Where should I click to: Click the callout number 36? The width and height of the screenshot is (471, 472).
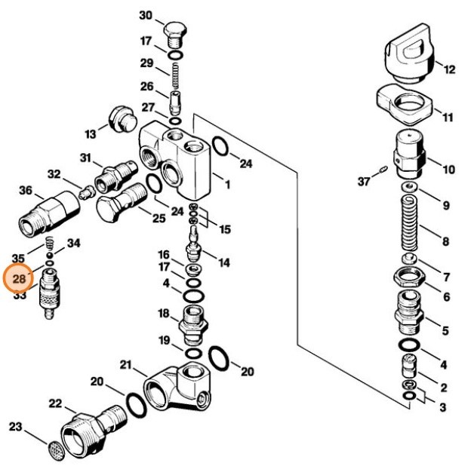pyautogui.click(x=26, y=190)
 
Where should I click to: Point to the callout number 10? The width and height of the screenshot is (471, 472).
pyautogui.click(x=448, y=169)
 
